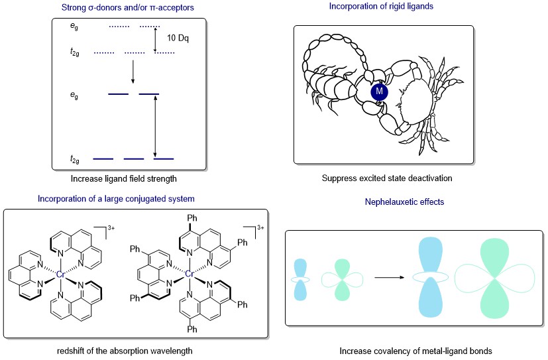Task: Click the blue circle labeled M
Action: pyautogui.click(x=379, y=92)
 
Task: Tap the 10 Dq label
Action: pyautogui.click(x=178, y=38)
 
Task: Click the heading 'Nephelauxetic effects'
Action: pyautogui.click(x=404, y=202)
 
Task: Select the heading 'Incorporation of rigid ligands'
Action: pyautogui.click(x=381, y=6)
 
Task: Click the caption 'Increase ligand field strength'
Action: pyautogui.click(x=124, y=178)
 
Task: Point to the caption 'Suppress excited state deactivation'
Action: pyautogui.click(x=387, y=178)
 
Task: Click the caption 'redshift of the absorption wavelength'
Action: pyautogui.click(x=125, y=351)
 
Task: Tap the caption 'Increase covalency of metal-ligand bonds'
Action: pyautogui.click(x=415, y=351)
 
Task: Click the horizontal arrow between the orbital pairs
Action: pyautogui.click(x=390, y=278)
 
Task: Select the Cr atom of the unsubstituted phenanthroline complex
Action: pyautogui.click(x=60, y=274)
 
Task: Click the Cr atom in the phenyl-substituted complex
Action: pyautogui.click(x=189, y=274)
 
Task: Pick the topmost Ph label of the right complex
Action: pyautogui.click(x=192, y=218)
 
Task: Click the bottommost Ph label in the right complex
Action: pyautogui.click(x=192, y=330)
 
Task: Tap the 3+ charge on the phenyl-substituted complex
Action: pyautogui.click(x=260, y=227)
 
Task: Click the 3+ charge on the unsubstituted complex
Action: pyautogui.click(x=111, y=228)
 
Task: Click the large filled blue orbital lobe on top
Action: pyautogui.click(x=430, y=255)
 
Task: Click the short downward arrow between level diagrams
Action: pyautogui.click(x=133, y=72)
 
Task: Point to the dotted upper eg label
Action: pyautogui.click(x=74, y=27)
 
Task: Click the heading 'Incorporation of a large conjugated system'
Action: pyautogui.click(x=116, y=198)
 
